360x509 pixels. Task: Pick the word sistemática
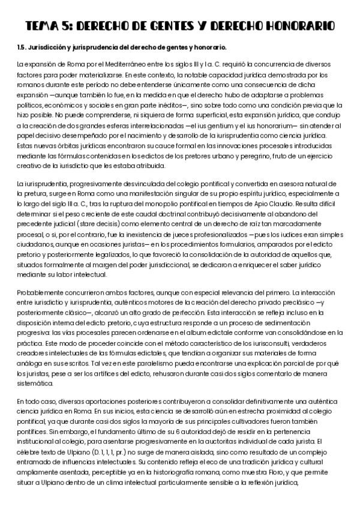tap(35, 383)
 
